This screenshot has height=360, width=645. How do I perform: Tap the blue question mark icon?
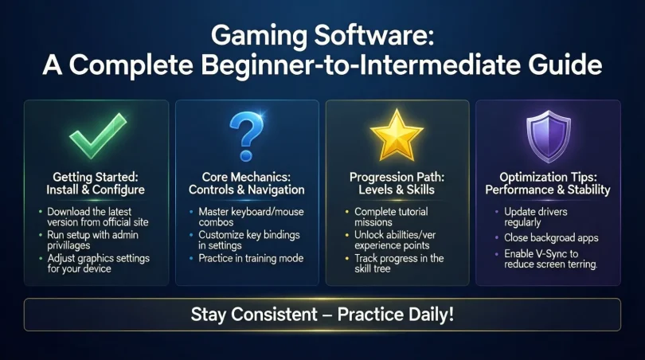(x=248, y=133)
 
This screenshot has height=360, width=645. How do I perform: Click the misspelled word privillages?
(x=73, y=248)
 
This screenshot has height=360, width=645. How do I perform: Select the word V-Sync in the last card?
(x=548, y=252)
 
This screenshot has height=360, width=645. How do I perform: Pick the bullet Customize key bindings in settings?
(x=248, y=241)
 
